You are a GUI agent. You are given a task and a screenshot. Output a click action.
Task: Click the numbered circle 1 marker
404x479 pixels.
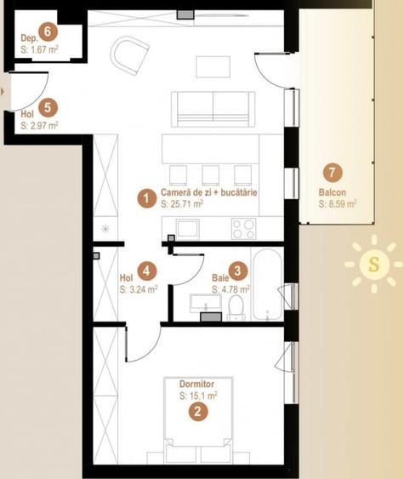[147, 199]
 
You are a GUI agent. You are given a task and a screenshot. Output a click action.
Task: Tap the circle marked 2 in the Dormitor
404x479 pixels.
[198, 412]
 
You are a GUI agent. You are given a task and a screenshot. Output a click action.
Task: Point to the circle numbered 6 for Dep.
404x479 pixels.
[48, 31]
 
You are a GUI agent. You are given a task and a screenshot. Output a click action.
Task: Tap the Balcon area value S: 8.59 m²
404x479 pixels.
[336, 204]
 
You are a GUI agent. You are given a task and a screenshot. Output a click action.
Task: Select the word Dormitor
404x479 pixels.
[198, 384]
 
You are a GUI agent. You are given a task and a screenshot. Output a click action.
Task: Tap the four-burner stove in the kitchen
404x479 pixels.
[244, 228]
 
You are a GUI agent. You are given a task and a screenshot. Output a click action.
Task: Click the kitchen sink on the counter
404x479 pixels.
[187, 228]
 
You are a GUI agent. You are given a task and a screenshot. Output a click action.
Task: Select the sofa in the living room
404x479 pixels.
[213, 108]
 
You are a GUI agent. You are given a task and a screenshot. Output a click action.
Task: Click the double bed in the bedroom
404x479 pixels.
[198, 421]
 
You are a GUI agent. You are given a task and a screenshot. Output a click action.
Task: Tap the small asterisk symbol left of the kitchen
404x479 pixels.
[105, 228]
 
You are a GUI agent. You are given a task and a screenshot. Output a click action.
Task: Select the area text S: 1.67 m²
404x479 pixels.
[39, 50]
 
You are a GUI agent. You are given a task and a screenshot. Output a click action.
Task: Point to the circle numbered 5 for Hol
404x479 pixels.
[48, 107]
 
